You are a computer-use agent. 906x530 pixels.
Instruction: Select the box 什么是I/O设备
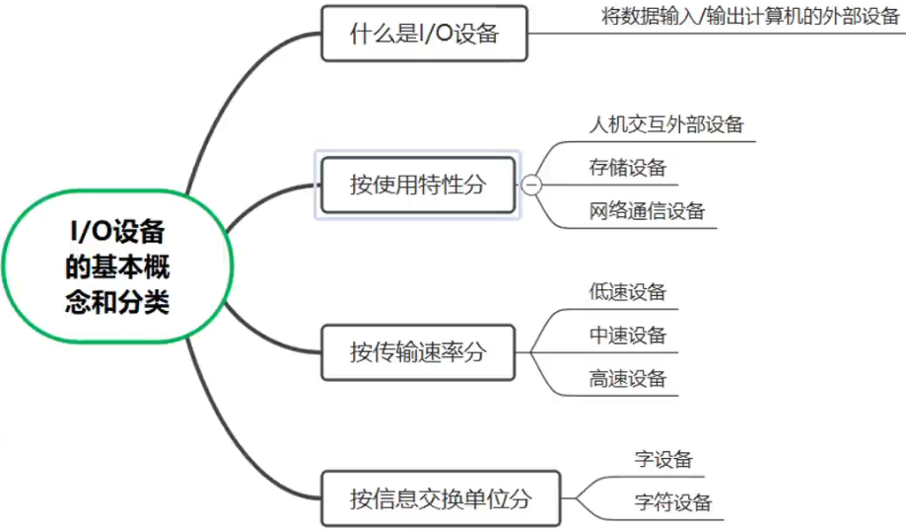coord(424,35)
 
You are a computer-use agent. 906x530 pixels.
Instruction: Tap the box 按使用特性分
coord(417,185)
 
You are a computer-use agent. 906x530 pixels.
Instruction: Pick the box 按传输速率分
coord(417,351)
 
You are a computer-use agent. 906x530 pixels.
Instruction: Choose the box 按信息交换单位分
coord(440,498)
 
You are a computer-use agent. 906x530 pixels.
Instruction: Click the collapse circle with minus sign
coord(531,185)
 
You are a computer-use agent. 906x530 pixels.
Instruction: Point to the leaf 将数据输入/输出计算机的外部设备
coord(750,17)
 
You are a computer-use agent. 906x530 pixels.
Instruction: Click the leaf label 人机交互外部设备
coord(665,124)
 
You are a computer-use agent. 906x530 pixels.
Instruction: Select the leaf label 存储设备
coord(627,167)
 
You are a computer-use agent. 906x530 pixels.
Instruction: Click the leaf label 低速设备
coord(627,292)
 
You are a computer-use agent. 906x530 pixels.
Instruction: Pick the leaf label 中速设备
coord(627,335)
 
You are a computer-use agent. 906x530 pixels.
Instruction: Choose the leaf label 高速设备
coord(627,378)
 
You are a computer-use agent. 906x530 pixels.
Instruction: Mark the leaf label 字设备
coord(663,459)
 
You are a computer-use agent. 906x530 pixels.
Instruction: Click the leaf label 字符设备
coord(672,502)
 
